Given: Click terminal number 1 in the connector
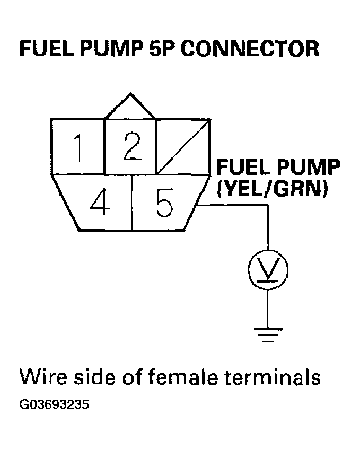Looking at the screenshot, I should click(x=78, y=147).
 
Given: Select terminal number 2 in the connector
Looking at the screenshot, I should click(x=130, y=146).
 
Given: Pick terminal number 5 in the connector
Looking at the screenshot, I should click(x=164, y=203).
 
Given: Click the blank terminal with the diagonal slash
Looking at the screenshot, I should click(x=183, y=147).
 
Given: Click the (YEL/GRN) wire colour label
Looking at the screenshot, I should click(x=270, y=188).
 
